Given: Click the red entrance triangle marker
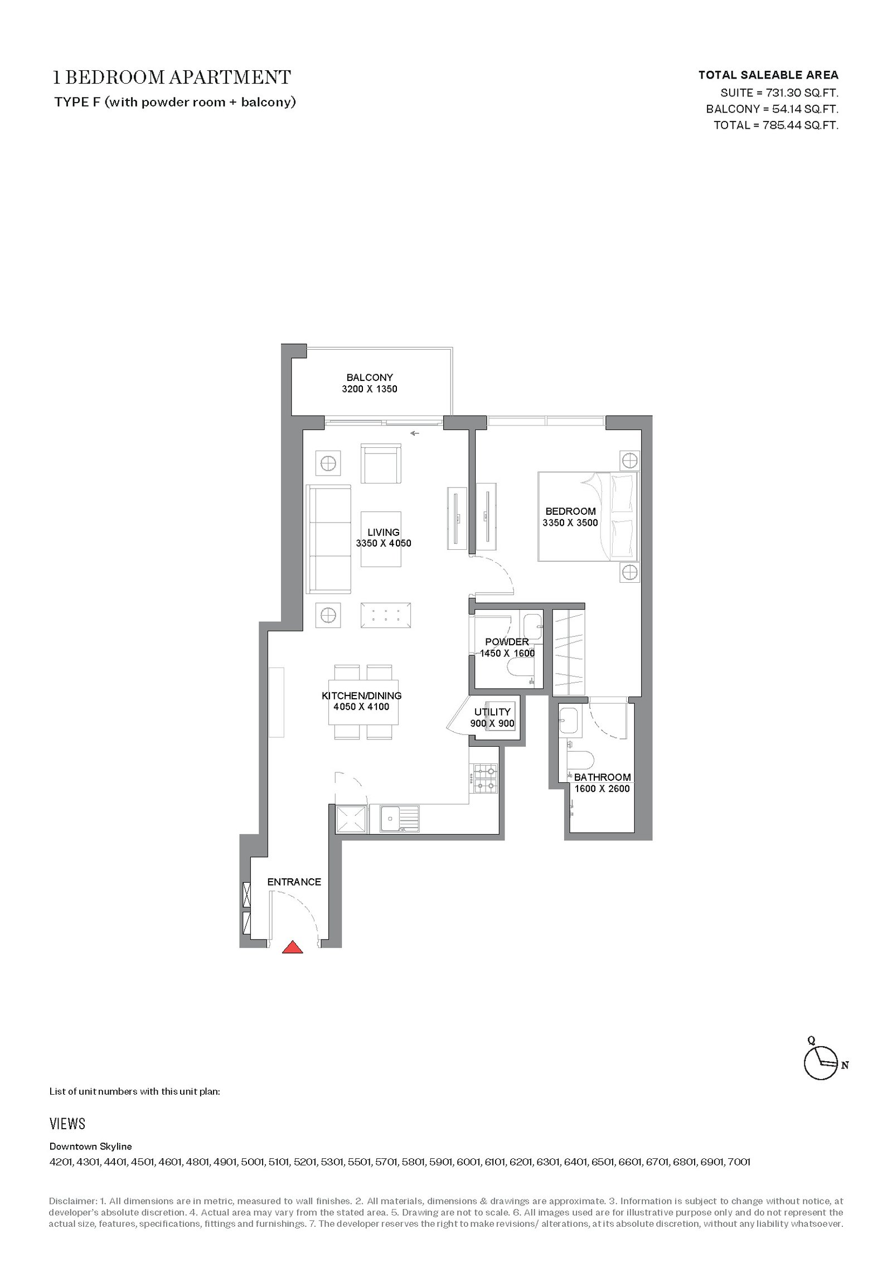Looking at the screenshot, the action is [292, 947].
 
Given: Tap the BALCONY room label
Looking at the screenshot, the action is [370, 378].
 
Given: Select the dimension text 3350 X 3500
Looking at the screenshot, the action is [570, 523].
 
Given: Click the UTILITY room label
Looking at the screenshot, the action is [492, 712].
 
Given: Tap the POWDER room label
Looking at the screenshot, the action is [507, 642].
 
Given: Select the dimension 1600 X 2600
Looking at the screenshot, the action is [602, 789].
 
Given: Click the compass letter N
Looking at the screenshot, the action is [845, 1065].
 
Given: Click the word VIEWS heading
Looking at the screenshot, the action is [67, 1124].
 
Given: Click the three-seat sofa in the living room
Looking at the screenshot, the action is [329, 539].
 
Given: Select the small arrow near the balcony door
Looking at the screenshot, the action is [415, 433].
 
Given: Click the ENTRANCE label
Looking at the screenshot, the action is [294, 882].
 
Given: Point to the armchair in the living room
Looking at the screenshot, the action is [381, 463].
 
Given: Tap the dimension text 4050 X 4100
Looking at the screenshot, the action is [362, 707].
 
